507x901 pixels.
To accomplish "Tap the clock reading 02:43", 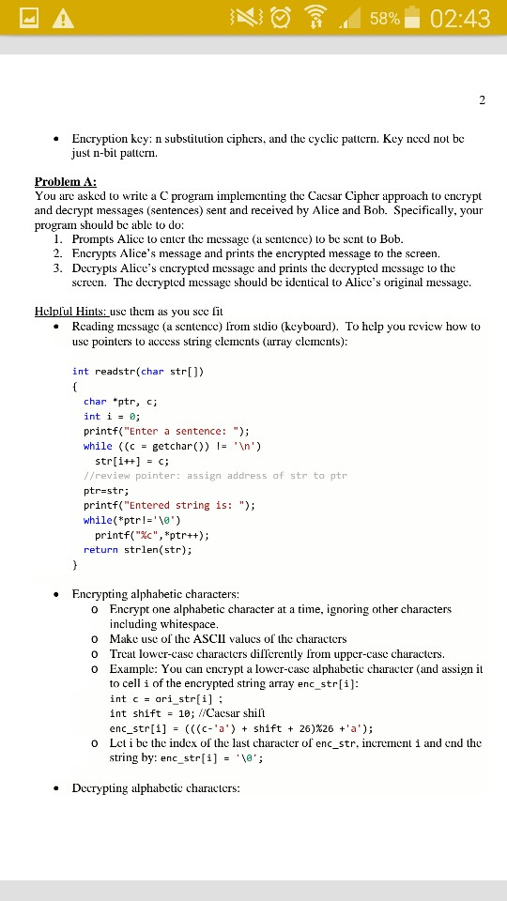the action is [x=460, y=19].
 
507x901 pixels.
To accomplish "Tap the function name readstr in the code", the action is [x=115, y=371].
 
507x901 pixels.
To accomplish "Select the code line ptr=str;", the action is [x=106, y=490].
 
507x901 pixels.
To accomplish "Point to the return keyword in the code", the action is [x=99, y=550].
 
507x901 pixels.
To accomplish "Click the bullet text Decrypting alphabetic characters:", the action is [x=156, y=787].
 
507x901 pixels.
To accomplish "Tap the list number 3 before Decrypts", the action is [x=58, y=268].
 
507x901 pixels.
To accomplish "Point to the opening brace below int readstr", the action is [x=75, y=386].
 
